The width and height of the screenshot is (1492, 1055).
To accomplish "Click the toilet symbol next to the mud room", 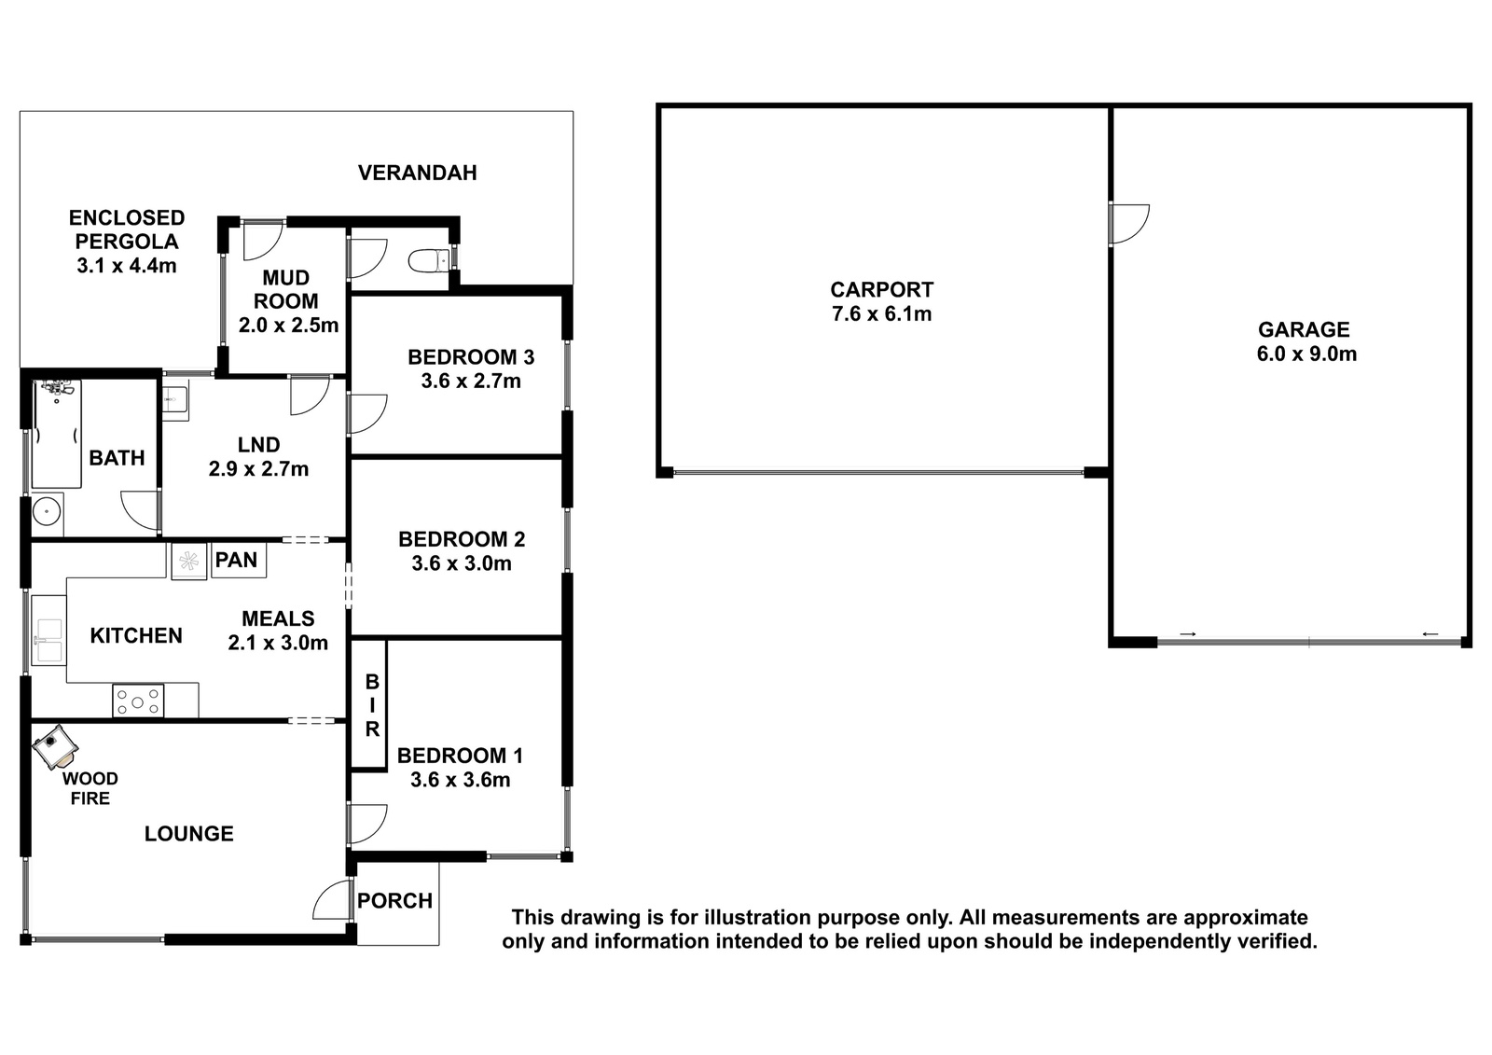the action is [x=429, y=260].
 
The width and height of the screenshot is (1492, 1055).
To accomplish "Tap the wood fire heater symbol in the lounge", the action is [x=56, y=746].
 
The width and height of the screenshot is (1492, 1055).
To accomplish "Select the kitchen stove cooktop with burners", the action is [x=138, y=701].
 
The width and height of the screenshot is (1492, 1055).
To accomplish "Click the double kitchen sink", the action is [x=49, y=640].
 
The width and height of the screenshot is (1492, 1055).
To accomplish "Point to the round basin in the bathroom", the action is [x=48, y=512].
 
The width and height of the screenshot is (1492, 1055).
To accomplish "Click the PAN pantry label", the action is [x=236, y=560].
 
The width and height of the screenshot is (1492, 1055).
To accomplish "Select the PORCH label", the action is [x=395, y=901].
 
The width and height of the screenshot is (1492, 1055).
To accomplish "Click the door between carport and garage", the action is [x=1129, y=224].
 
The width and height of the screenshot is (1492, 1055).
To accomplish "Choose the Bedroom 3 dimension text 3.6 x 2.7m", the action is [x=471, y=382].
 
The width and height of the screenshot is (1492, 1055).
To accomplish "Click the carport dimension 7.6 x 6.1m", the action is [x=881, y=313].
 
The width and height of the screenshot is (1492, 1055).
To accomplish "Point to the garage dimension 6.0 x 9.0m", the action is [x=1306, y=354].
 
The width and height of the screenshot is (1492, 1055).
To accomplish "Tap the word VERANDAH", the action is [x=418, y=173].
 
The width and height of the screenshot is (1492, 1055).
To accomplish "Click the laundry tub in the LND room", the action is [x=175, y=400].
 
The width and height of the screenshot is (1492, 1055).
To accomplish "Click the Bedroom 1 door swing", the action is [x=367, y=824].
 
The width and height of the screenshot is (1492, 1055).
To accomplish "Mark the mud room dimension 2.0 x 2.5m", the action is [x=288, y=326].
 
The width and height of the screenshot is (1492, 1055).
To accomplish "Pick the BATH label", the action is [x=117, y=459].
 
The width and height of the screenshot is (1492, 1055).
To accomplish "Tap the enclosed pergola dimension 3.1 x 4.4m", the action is [x=127, y=266].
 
